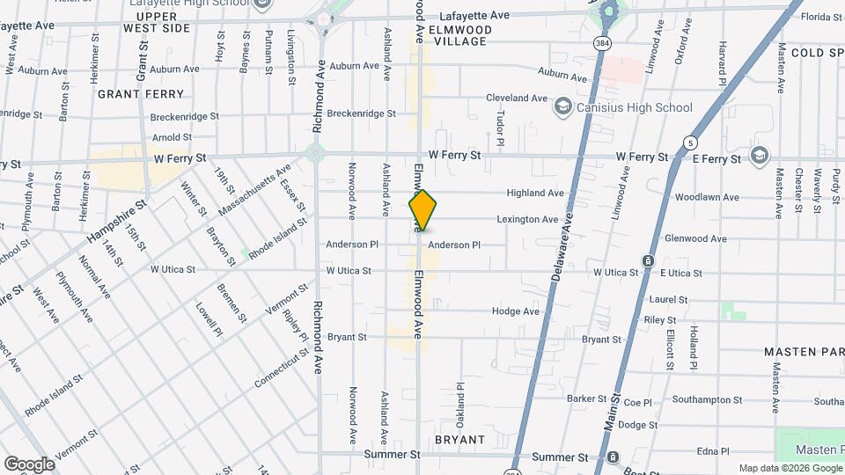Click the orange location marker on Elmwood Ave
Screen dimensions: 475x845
tap(422, 210)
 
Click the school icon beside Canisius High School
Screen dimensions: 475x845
tap(562, 107)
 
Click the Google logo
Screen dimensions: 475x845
tap(29, 464)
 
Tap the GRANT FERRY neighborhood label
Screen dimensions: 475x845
tap(141, 93)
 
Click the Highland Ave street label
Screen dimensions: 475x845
tap(535, 193)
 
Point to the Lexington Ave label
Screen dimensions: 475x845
tap(527, 219)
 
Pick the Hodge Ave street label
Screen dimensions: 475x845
tap(516, 311)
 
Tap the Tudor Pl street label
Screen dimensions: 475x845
tap(499, 128)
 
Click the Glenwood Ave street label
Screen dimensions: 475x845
tap(695, 238)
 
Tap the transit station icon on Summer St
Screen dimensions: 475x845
tap(613, 457)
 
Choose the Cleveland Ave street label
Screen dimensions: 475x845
tap(518, 99)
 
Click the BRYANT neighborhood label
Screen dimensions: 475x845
tap(459, 439)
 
